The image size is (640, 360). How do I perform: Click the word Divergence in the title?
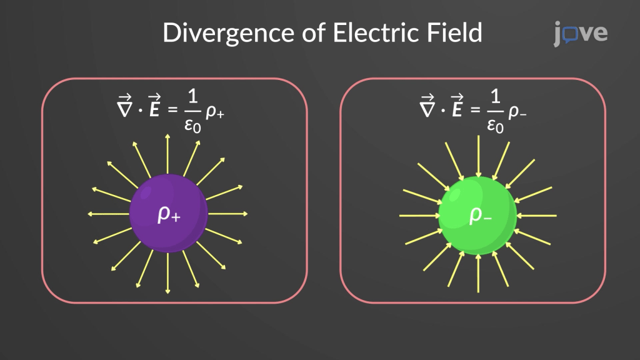213,32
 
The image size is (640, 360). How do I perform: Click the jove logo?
580,33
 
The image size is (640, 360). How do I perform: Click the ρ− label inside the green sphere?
479,215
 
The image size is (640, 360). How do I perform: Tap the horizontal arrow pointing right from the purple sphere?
227,214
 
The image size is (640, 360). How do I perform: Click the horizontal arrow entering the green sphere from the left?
419,216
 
